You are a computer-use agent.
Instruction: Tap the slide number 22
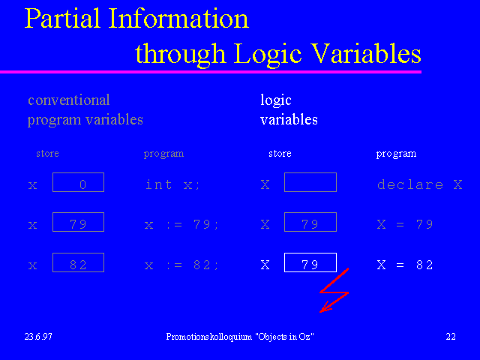pos(451,337)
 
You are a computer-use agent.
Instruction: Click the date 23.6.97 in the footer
pos(38,337)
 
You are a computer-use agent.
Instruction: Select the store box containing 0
pos(78,182)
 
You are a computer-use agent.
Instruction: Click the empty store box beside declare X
pos(310,182)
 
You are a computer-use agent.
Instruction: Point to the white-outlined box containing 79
pos(310,262)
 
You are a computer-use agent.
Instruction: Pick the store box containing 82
pos(78,262)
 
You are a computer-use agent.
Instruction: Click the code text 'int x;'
pos(172,184)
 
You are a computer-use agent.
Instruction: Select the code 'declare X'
pos(420,184)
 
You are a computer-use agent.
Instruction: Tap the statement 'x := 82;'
pos(181,265)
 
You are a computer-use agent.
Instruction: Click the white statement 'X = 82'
pos(405,265)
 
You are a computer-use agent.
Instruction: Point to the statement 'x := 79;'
pos(181,225)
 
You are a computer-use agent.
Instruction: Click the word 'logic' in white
pos(276,100)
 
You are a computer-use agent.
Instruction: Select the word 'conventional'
pos(68,100)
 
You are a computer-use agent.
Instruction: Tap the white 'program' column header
pos(396,154)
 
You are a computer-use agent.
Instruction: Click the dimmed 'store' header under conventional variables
pos(47,153)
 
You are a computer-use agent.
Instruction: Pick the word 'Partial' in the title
pos(63,18)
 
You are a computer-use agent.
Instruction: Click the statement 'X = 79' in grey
pos(405,225)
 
